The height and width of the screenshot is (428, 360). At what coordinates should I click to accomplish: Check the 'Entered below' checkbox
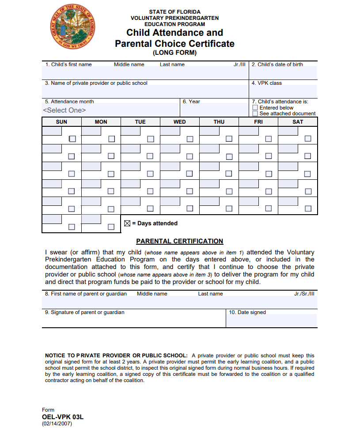click(x=255, y=107)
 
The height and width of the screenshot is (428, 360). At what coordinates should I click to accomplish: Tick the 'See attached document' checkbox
click(x=255, y=114)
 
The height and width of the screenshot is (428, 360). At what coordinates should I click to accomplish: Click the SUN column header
click(x=62, y=122)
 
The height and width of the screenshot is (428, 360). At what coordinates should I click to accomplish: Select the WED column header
click(x=180, y=122)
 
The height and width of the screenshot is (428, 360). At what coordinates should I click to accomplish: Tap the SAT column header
click(x=298, y=122)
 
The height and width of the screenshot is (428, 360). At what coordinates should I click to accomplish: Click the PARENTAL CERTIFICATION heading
click(x=180, y=241)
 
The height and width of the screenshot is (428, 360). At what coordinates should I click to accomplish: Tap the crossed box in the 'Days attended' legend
click(x=127, y=223)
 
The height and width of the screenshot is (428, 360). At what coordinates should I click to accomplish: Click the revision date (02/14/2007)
click(x=57, y=423)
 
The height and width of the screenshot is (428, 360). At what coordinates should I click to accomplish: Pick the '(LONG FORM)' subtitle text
click(x=174, y=53)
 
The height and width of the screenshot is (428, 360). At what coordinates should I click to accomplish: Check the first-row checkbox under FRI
click(x=269, y=139)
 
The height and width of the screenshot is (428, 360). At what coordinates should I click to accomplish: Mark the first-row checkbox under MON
click(x=111, y=139)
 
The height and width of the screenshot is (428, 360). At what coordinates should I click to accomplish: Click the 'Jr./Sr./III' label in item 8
click(x=304, y=294)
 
